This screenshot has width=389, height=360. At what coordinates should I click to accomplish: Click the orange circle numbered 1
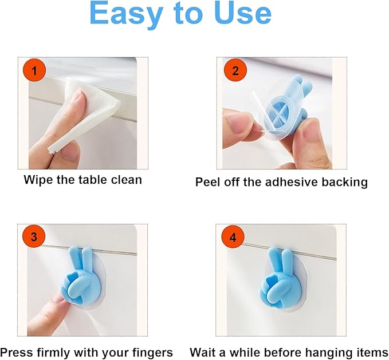pyautogui.click(x=34, y=72)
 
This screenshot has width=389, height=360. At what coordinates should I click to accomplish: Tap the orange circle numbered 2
pyautogui.click(x=234, y=72)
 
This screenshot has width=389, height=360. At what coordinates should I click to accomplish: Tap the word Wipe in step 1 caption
pyautogui.click(x=37, y=180)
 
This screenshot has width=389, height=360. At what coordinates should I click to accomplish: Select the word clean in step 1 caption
pyautogui.click(x=125, y=180)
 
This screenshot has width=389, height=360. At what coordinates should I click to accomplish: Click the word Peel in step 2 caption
pyautogui.click(x=207, y=183)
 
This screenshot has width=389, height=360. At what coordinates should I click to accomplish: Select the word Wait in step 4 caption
pyautogui.click(x=202, y=352)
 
